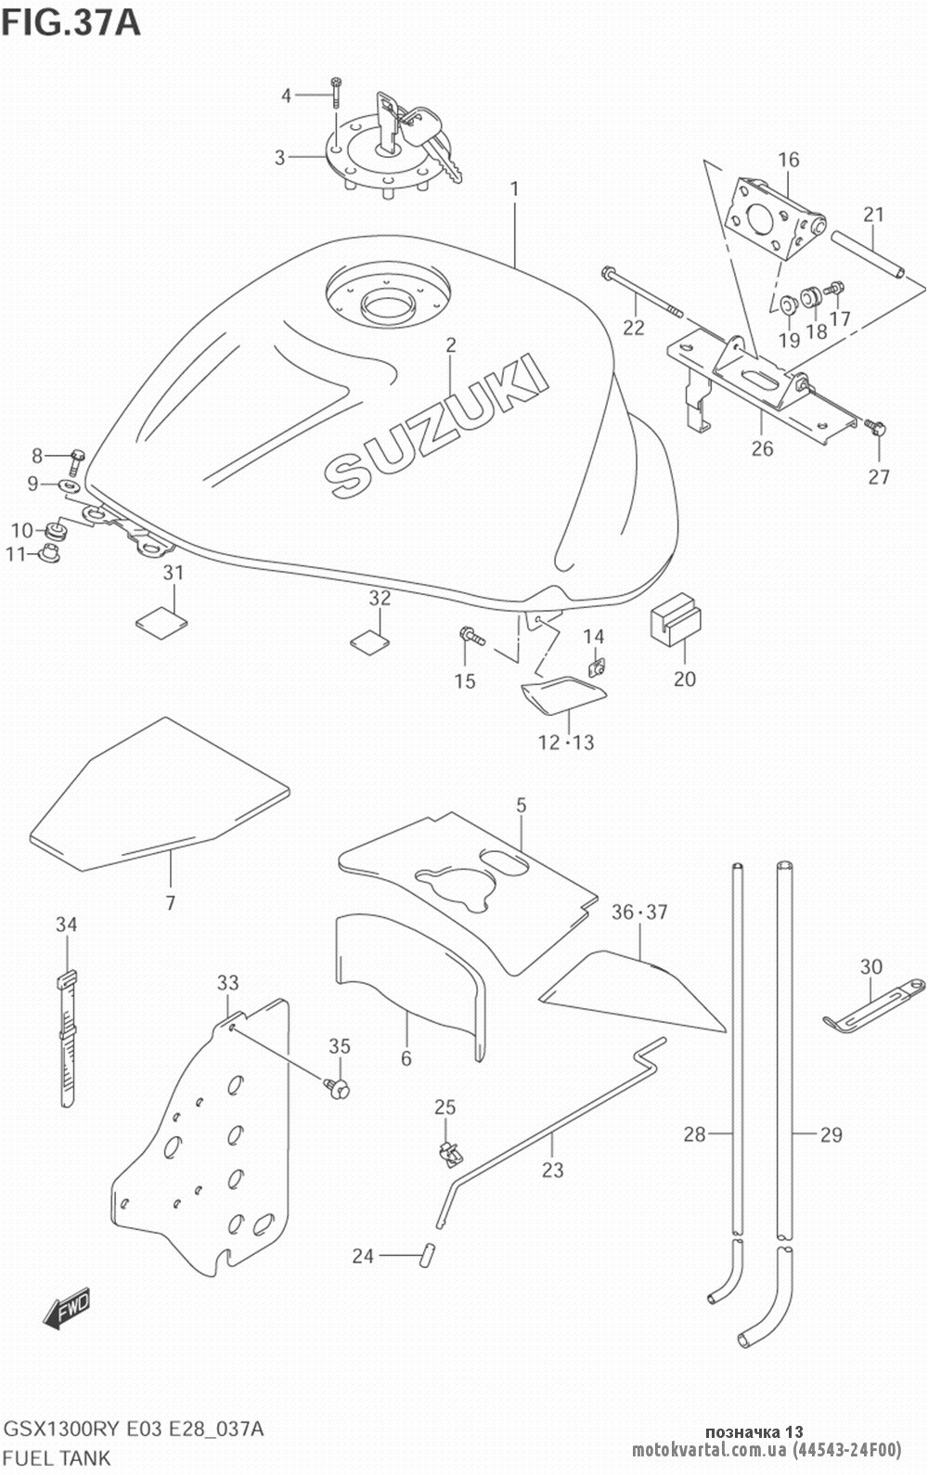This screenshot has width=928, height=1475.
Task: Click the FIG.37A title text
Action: point(71,20)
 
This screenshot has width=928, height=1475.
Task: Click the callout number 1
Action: point(513,190)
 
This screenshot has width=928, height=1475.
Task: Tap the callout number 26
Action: point(762,448)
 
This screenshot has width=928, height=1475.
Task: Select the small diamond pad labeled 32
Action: point(368,640)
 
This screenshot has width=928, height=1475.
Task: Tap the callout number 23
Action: point(552,1170)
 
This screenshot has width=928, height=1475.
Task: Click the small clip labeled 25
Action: point(448,1151)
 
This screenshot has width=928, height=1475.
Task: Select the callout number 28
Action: point(694,1133)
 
